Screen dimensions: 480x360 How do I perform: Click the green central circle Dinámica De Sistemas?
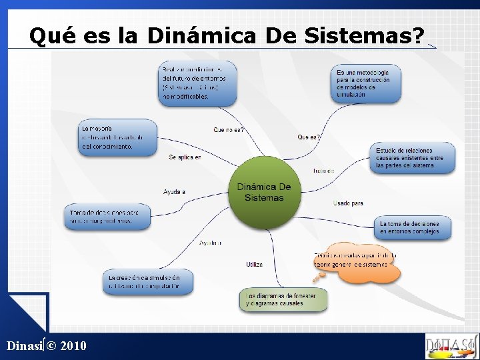pos(264,192)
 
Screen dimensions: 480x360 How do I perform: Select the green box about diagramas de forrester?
pos(284,299)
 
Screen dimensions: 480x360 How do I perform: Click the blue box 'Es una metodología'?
pos(365,83)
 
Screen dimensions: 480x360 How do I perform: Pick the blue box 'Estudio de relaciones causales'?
pos(413,158)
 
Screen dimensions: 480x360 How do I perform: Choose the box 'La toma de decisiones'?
pos(413,228)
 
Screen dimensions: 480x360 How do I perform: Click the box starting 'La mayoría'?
pos(117,137)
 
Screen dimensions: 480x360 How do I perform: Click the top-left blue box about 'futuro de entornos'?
pos(197,83)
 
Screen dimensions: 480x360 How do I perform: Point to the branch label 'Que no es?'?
pos(229,130)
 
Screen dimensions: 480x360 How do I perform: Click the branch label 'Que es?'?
pos(309,137)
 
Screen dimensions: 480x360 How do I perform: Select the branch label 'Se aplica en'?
pos(185,157)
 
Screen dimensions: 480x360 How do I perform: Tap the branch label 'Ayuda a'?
pos(174,192)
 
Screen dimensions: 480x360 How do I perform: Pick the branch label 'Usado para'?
pos(348,203)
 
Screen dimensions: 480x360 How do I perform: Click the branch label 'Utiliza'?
pos(254,265)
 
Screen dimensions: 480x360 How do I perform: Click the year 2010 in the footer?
pos(72,346)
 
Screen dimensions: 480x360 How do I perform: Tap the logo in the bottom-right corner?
pos(451,346)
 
